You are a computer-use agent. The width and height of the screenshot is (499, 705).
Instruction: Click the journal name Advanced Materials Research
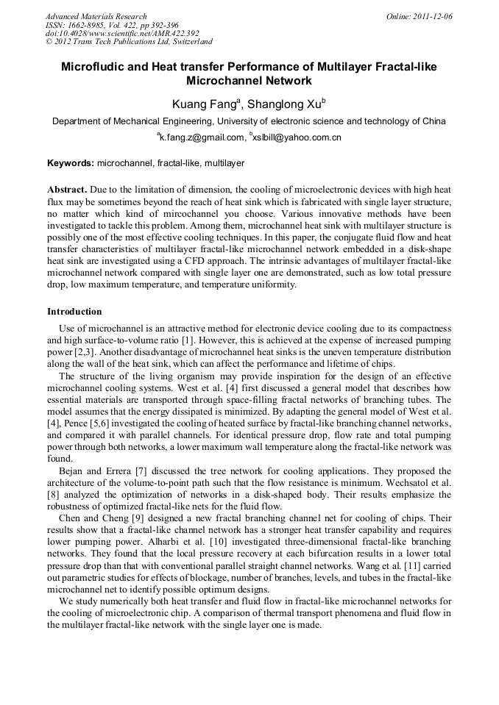coord(96,16)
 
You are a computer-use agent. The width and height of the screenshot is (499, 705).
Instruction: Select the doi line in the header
coord(122,33)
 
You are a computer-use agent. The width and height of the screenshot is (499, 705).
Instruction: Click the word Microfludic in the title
coord(93,67)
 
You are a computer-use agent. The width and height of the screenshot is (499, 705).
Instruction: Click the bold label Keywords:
coord(71,162)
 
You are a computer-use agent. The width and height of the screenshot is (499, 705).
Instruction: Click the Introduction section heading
coord(74,312)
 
